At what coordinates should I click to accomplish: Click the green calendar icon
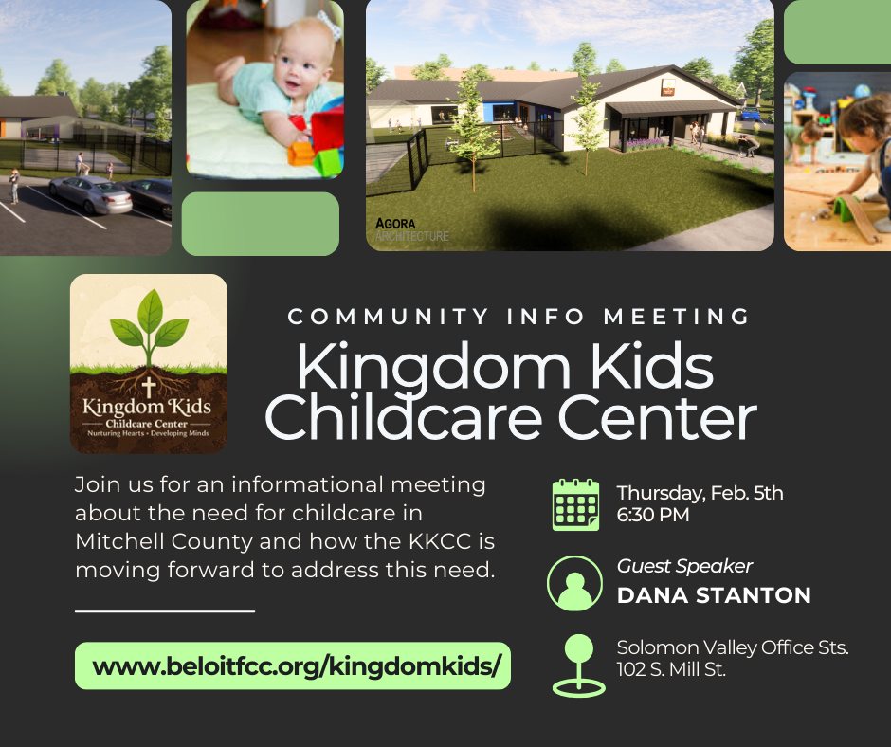coord(575,505)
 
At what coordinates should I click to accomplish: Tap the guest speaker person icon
coord(574,584)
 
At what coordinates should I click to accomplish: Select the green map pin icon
coord(578,665)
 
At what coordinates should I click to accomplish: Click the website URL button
coord(293,665)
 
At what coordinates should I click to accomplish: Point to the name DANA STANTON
coord(714,595)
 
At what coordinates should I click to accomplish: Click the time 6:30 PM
coord(653,515)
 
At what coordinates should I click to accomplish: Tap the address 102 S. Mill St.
coord(671,669)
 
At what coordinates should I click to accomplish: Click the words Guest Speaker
coord(684,566)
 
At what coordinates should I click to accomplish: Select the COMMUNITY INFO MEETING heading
coord(518,317)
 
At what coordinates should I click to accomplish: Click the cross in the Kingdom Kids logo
coord(149,387)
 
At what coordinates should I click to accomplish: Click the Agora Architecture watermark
coord(412,229)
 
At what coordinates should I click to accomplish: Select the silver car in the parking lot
coord(91,194)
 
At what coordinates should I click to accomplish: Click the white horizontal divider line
coord(165,611)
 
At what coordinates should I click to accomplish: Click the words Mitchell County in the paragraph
coord(164,542)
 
